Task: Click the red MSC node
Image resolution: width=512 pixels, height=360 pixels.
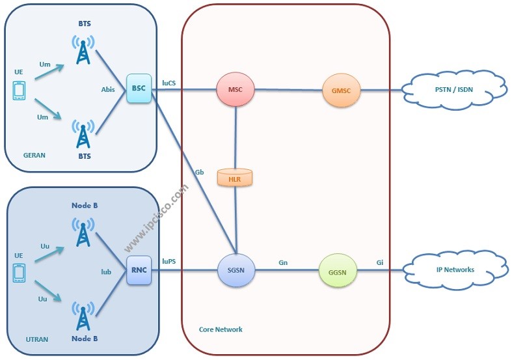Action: click(235, 90)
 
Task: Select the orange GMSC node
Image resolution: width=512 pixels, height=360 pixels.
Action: click(341, 90)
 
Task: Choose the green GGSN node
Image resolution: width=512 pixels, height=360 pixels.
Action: click(338, 270)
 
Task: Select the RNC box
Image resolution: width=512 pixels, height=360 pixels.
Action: click(139, 270)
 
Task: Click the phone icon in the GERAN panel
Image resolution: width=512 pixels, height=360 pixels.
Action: click(18, 91)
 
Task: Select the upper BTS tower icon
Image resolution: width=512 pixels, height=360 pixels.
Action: click(83, 49)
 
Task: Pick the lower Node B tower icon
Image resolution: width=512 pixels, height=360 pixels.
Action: click(83, 316)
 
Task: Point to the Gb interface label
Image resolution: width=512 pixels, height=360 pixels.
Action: click(200, 173)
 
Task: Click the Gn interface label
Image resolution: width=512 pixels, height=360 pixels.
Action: click(283, 262)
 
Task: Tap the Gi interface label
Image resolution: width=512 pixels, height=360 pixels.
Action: click(379, 262)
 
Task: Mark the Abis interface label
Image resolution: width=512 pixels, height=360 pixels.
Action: click(108, 90)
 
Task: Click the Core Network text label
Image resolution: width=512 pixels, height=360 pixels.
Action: click(221, 329)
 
